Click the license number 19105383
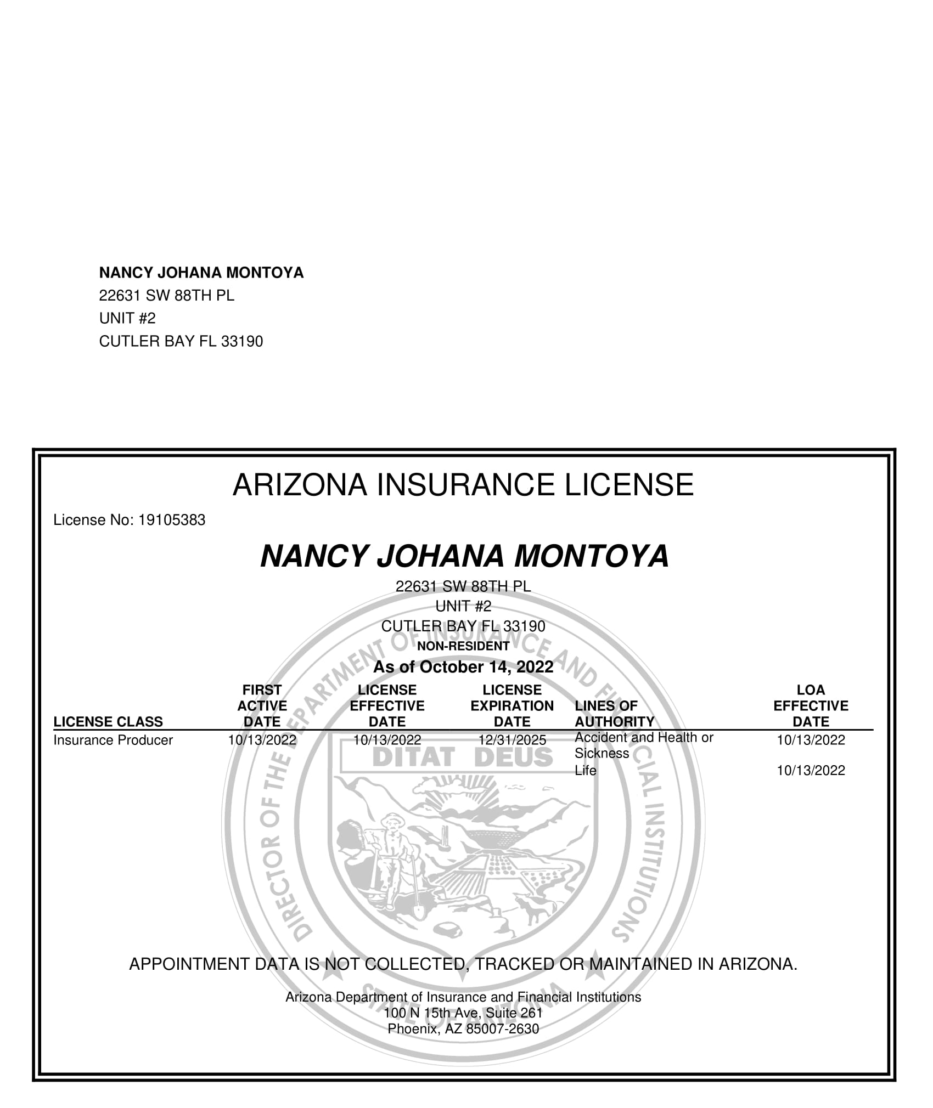point(172,520)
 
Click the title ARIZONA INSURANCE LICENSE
point(463,485)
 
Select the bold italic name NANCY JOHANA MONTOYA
point(464,556)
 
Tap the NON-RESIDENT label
point(463,646)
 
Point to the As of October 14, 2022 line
point(463,667)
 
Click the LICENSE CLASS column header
point(108,722)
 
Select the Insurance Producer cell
point(113,740)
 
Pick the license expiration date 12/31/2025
point(512,740)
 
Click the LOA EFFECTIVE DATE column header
point(811,706)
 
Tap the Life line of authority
point(585,771)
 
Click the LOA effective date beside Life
point(811,771)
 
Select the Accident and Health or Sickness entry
point(643,745)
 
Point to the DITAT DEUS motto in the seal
point(463,758)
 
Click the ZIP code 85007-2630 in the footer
point(502,1029)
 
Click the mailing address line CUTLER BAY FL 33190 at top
point(181,342)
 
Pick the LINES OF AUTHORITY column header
point(614,714)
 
